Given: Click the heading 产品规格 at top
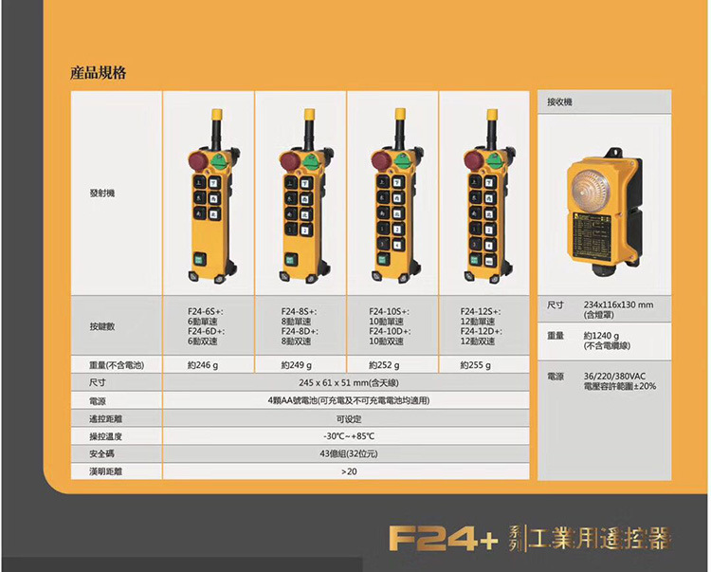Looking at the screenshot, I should pos(99,72).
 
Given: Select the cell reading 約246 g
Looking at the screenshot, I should pos(203,364).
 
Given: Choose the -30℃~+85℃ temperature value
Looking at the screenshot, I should pos(348,435).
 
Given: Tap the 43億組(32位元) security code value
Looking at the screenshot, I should pos(347,453).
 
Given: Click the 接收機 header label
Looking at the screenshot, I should pos(559,101).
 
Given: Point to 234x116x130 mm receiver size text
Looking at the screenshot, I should pos(618,304).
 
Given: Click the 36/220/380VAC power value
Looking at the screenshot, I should pos(611,376).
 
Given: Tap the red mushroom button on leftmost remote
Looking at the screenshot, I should pos(198,158).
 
